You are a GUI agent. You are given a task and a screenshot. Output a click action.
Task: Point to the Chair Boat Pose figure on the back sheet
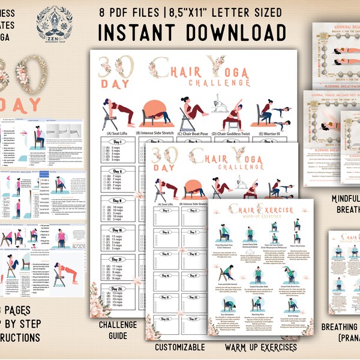[193, 114]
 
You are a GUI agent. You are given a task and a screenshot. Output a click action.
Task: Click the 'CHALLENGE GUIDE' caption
[118, 328]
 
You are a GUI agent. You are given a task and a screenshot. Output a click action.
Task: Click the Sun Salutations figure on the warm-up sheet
[231, 307]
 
